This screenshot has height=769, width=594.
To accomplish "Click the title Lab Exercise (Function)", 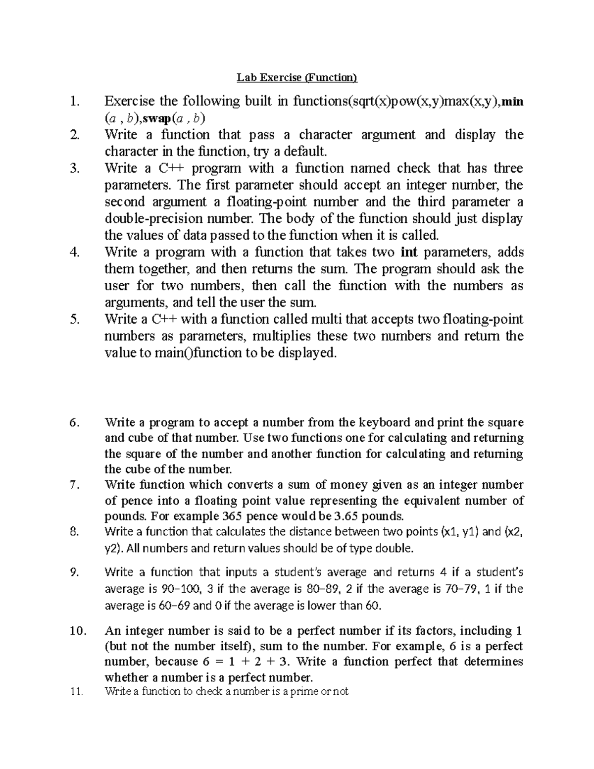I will [297, 77].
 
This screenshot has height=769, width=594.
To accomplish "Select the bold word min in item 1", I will [513, 102].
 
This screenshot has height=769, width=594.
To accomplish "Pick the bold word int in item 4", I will [409, 253].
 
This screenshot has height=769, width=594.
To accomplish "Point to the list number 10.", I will [77, 631].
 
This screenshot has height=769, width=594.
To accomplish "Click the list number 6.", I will [74, 422].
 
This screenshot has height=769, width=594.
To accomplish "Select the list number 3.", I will [74, 169].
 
